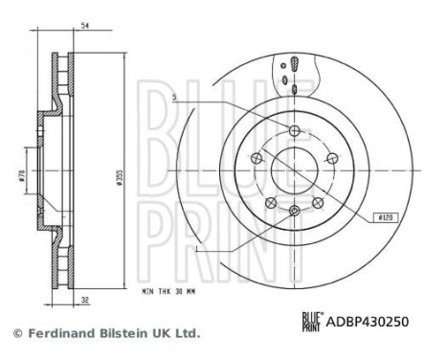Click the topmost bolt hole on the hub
pyautogui.click(x=295, y=130)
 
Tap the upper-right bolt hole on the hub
pyautogui.click(x=331, y=159)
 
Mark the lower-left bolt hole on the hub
pyautogui.click(x=272, y=201)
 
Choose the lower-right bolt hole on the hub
pyautogui.click(x=317, y=201)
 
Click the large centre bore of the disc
pyautogui.click(x=294, y=170)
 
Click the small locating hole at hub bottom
pyautogui.click(x=295, y=208)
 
